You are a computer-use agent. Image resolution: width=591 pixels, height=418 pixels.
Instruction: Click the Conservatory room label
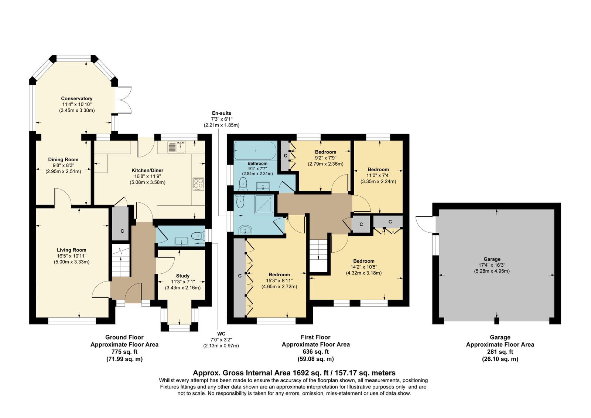click(76, 98)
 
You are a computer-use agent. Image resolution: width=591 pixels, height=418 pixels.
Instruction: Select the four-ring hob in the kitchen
click(198, 184)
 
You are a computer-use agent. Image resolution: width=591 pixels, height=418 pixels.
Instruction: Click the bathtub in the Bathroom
click(255, 151)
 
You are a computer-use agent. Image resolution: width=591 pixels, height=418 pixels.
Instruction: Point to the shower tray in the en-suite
click(264, 204)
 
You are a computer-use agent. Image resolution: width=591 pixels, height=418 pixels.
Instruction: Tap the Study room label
click(182, 276)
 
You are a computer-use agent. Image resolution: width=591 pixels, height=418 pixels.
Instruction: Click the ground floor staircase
click(121, 260)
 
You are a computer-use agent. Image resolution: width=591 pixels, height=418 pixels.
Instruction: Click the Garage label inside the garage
click(492, 259)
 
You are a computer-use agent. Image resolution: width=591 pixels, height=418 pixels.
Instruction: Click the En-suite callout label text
click(221, 113)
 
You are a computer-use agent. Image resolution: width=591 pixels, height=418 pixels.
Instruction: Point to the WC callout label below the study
click(221, 334)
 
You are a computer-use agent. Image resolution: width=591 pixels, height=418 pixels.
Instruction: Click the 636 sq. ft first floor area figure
click(315, 351)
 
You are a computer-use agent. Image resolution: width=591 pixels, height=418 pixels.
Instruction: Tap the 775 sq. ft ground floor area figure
click(124, 351)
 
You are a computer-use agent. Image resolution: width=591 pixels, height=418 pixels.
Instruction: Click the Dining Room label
click(63, 159)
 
